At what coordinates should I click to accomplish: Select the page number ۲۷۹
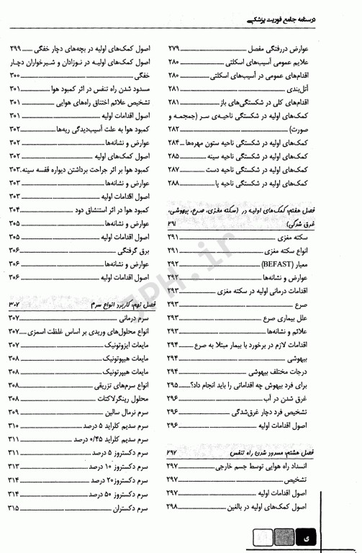tap(174, 48)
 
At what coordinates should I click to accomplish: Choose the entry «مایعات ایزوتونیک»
tap(123, 345)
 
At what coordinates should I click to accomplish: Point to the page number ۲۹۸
tap(174, 508)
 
